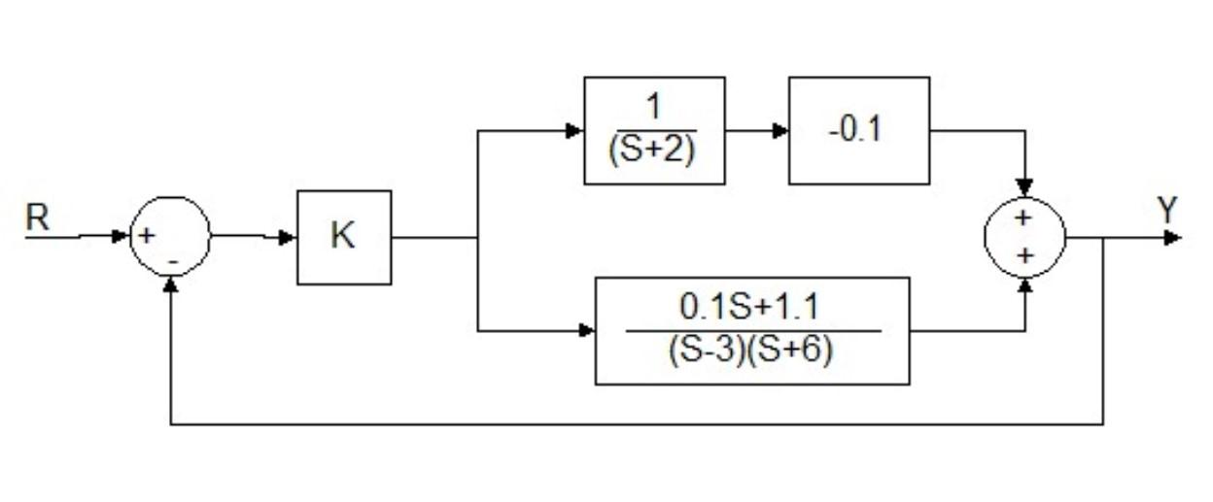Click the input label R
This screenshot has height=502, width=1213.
pyautogui.click(x=38, y=218)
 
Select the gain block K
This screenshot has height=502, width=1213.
pyautogui.click(x=344, y=237)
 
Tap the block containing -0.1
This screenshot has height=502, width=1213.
pyautogui.click(x=858, y=130)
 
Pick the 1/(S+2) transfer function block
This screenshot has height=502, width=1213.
pyautogui.click(x=653, y=130)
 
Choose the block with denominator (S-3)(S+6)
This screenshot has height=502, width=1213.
pyautogui.click(x=751, y=331)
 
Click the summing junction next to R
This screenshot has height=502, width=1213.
pyautogui.click(x=170, y=236)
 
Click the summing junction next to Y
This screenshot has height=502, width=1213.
pyautogui.click(x=1024, y=237)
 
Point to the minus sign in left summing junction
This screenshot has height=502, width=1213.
pyautogui.click(x=172, y=261)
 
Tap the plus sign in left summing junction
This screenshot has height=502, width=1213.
pyautogui.click(x=147, y=235)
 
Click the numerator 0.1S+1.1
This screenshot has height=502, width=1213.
pyautogui.click(x=749, y=308)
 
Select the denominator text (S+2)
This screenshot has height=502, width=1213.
pyautogui.click(x=652, y=152)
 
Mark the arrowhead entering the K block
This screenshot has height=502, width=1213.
pyautogui.click(x=289, y=237)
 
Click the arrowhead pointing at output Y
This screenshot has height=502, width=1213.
pyautogui.click(x=1173, y=237)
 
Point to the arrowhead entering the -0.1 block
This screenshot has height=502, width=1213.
pyautogui.click(x=780, y=131)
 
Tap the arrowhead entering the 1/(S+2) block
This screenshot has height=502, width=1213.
pyautogui.click(x=575, y=131)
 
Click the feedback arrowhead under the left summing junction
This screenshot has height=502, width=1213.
pyautogui.click(x=171, y=284)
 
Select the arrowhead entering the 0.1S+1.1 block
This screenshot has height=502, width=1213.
pyautogui.click(x=586, y=331)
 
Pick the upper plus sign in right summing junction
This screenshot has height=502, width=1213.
pyautogui.click(x=1022, y=219)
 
